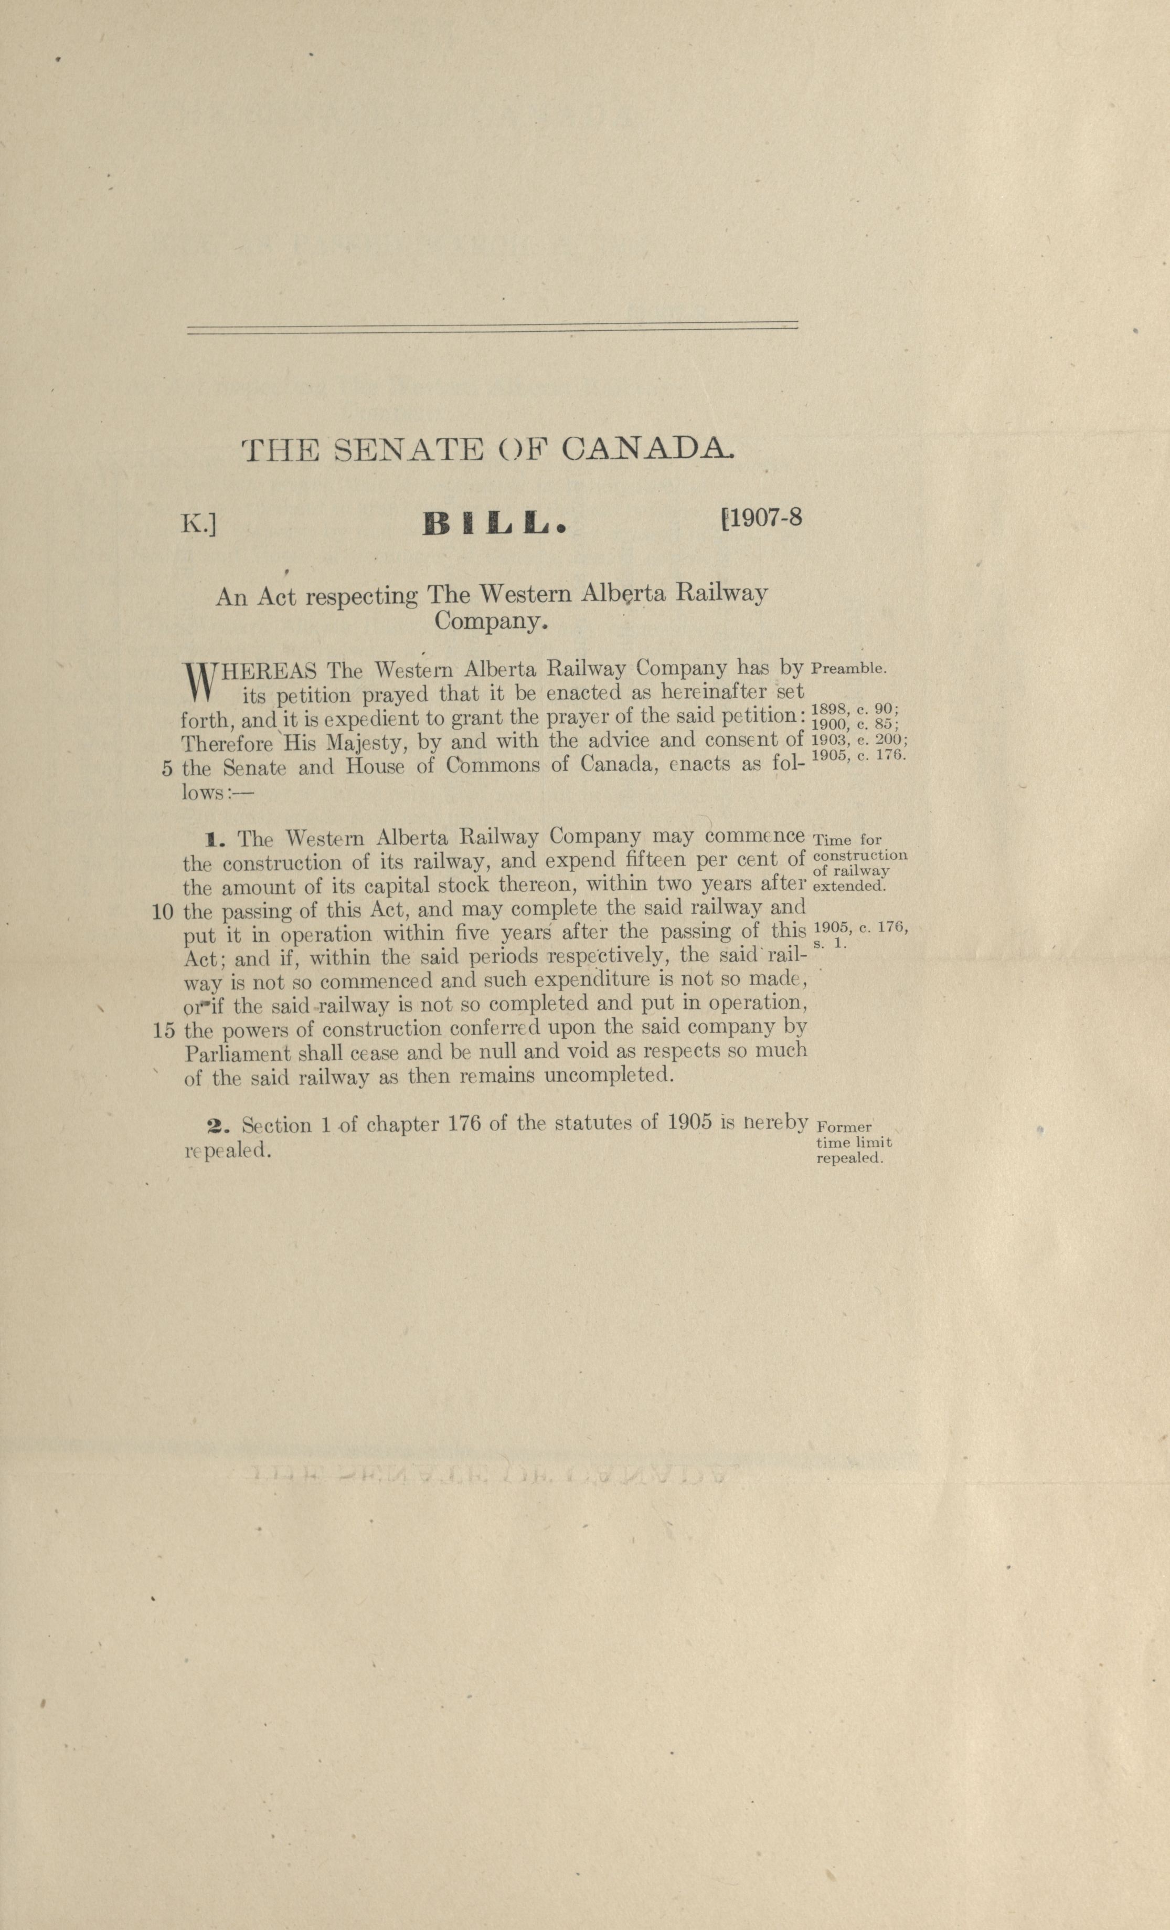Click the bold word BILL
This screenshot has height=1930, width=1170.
493,524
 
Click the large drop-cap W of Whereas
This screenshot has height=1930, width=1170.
199,681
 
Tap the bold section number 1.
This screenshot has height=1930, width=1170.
215,840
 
